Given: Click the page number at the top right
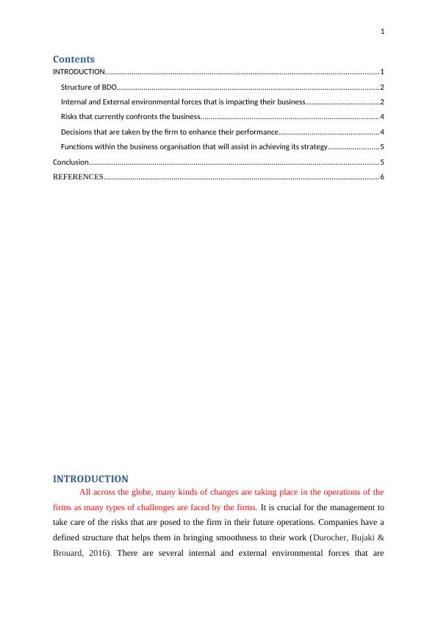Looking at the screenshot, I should (x=383, y=31).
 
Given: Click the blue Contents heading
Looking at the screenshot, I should (x=73, y=59).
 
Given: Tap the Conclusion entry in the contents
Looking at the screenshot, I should (x=71, y=161).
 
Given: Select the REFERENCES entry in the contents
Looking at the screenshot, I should (x=78, y=177).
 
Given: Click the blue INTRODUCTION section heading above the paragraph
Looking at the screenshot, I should (x=90, y=479).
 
